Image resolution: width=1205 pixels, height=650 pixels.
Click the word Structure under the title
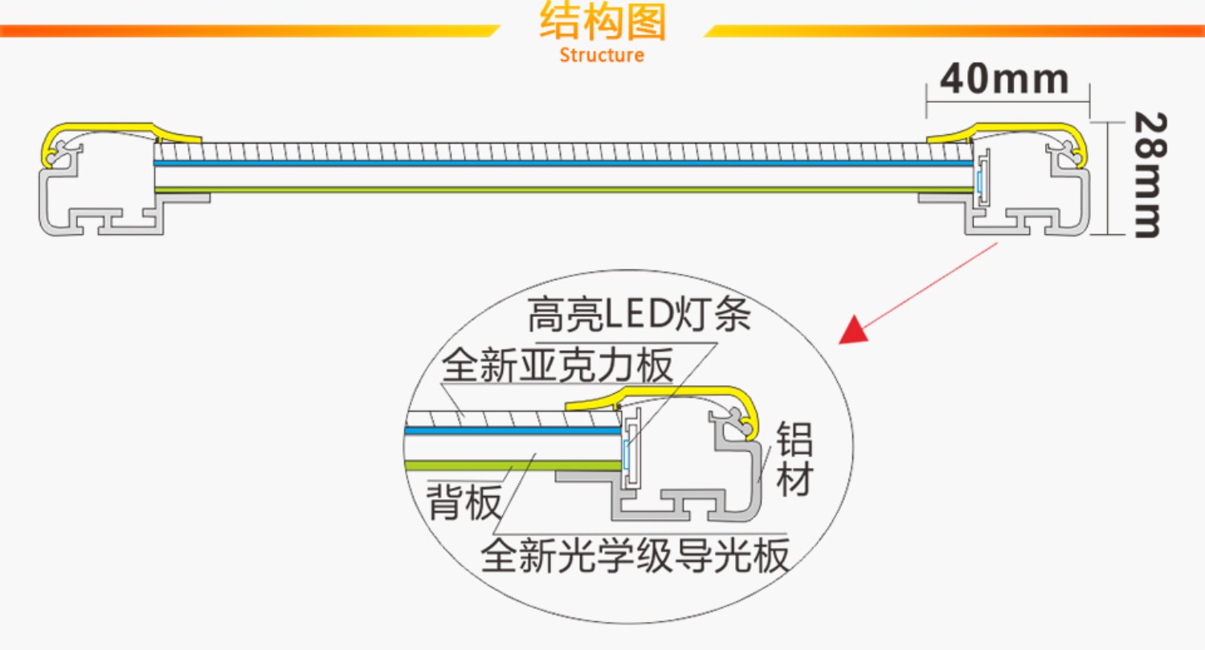602,55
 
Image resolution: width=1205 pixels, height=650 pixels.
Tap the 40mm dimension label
1004,79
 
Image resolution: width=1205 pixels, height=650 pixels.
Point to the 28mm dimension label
1146,175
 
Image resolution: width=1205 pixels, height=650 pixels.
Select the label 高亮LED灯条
639,316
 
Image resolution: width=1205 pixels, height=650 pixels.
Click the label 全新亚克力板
557,368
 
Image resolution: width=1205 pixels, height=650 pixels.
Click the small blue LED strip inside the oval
627,453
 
